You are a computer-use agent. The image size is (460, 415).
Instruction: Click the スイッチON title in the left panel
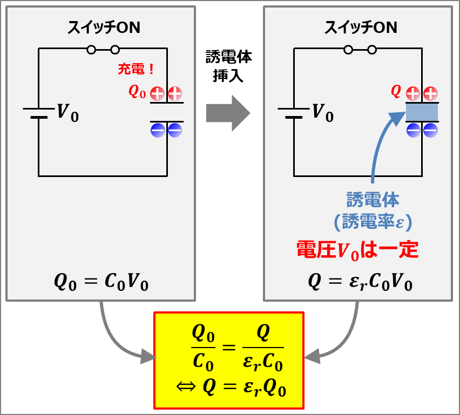coord(104,27)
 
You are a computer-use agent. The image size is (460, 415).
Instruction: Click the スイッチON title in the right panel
coord(360,27)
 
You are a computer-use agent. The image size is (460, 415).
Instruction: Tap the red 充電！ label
coord(137,70)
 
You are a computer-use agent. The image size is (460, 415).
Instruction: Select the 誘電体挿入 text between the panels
coord(228,66)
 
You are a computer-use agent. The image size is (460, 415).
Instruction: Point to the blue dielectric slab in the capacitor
coord(422,112)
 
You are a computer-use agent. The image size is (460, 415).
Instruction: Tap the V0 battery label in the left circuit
coord(68,113)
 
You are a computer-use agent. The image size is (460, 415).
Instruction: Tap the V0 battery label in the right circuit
coord(323,113)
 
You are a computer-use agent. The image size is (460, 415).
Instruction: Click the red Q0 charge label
coord(137,92)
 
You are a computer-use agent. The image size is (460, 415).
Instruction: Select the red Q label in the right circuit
coord(396,92)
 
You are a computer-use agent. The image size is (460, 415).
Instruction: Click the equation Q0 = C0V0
coord(101,282)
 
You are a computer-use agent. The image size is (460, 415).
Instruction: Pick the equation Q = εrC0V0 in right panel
coord(360,282)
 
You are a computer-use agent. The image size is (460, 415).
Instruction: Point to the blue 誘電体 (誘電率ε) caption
coord(373,211)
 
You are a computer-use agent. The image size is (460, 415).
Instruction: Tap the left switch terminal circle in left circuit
coord(91,50)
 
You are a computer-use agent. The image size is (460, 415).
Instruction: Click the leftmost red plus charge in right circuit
coord(413,93)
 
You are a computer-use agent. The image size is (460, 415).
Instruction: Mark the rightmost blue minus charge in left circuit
coord(175,130)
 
